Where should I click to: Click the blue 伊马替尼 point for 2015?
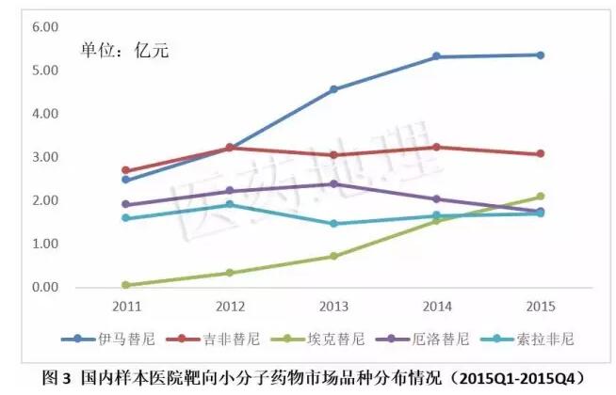click(540, 55)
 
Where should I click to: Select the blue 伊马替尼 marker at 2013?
click(332, 89)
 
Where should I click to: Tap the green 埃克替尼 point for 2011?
click(125, 285)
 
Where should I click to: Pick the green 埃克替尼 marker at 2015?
click(540, 197)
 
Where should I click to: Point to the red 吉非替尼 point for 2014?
click(436, 147)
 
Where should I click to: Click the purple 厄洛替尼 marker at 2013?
click(332, 183)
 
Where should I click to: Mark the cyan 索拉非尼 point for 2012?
click(229, 204)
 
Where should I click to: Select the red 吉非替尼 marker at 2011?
click(125, 170)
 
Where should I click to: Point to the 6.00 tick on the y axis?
click(46, 27)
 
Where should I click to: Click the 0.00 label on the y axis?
click(46, 288)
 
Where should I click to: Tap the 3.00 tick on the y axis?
click(46, 157)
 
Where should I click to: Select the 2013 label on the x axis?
click(332, 306)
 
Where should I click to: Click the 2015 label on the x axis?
click(540, 306)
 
